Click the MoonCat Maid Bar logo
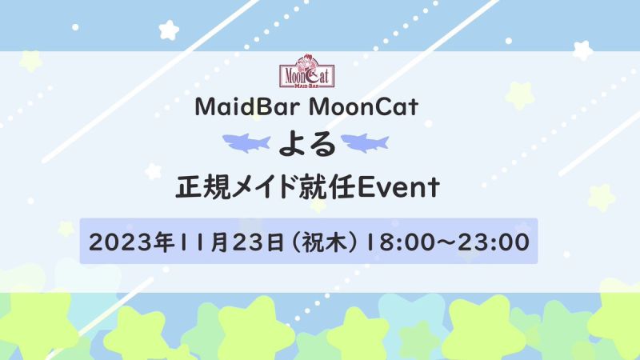(307, 71)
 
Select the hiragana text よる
(307, 145)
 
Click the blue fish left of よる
(246, 143)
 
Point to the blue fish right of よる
(365, 143)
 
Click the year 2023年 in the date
(130, 242)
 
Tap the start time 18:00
(395, 242)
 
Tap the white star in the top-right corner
(582, 50)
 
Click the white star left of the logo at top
(169, 30)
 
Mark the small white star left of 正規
(154, 171)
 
